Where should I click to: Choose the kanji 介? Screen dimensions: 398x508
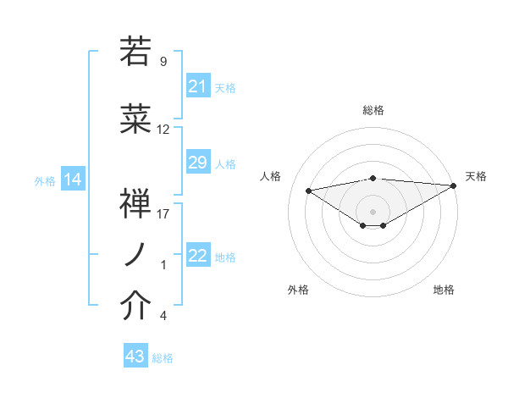135,307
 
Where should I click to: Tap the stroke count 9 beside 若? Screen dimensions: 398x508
163,61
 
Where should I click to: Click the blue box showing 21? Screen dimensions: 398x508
198,86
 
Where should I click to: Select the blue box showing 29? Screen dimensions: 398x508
198,163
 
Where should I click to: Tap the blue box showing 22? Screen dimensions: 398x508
198,257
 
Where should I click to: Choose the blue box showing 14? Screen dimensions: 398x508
72,180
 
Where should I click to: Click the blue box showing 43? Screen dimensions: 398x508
135,357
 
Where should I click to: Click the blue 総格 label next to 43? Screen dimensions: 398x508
163,358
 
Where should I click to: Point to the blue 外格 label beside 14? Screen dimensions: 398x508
44,180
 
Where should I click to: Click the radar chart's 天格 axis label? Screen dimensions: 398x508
476,176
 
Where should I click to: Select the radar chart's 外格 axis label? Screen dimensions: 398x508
298,290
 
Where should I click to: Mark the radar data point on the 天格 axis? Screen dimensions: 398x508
453,185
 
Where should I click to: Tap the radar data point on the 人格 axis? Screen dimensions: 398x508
308,190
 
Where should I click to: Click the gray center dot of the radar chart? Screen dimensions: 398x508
373,209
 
